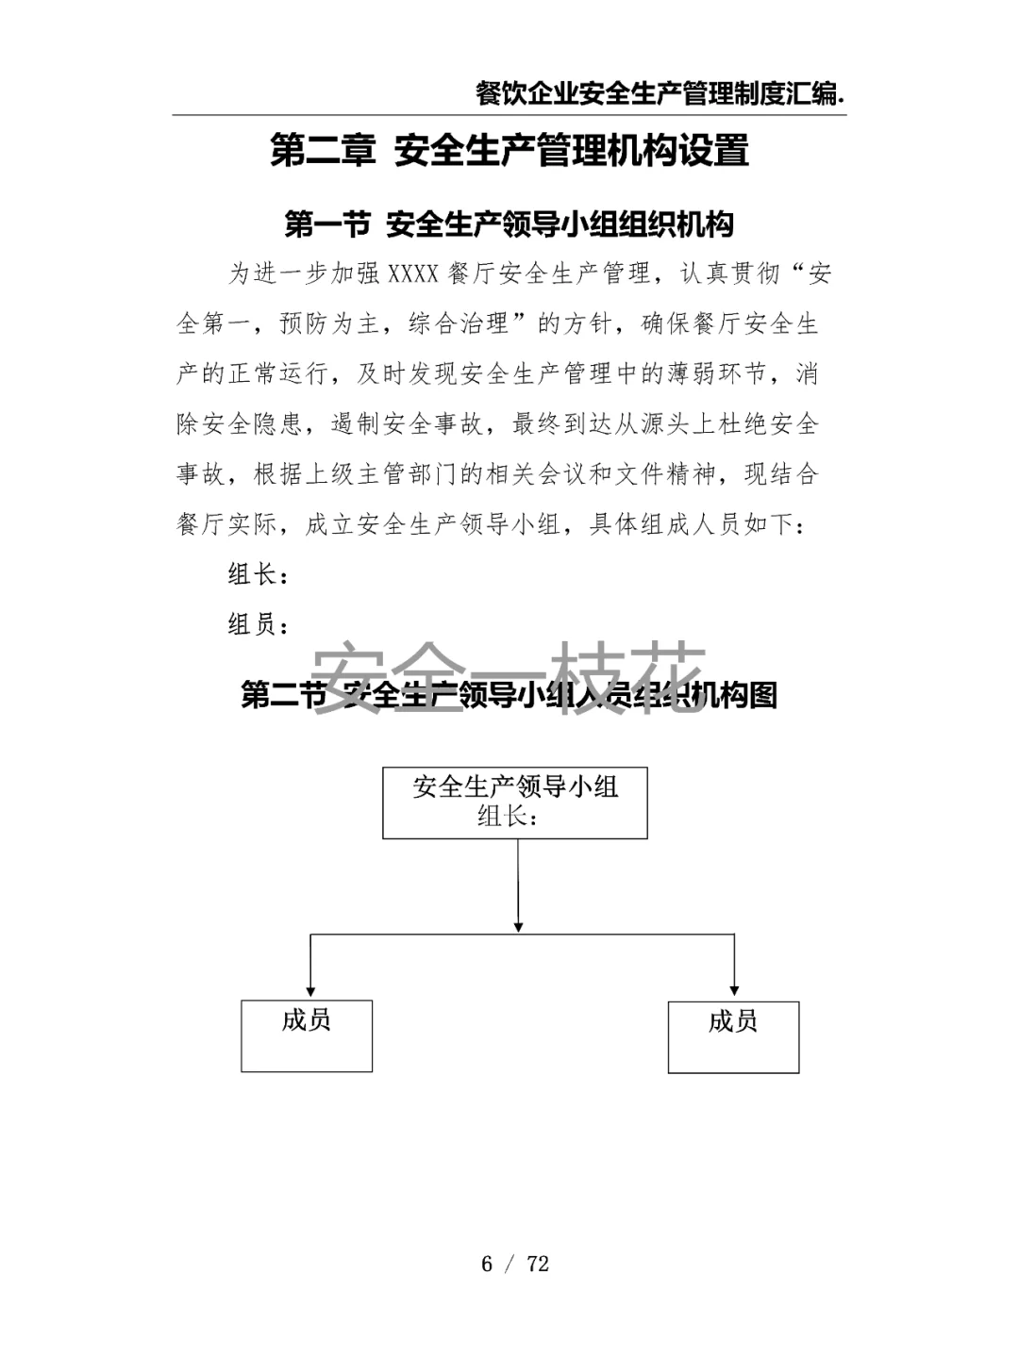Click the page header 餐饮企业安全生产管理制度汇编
click(x=660, y=93)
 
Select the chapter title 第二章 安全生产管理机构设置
click(x=509, y=151)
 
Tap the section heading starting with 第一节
click(x=509, y=224)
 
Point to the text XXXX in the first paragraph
click(x=413, y=274)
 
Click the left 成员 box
click(x=307, y=1035)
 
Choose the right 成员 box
click(x=733, y=1036)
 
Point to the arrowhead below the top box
click(x=518, y=927)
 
